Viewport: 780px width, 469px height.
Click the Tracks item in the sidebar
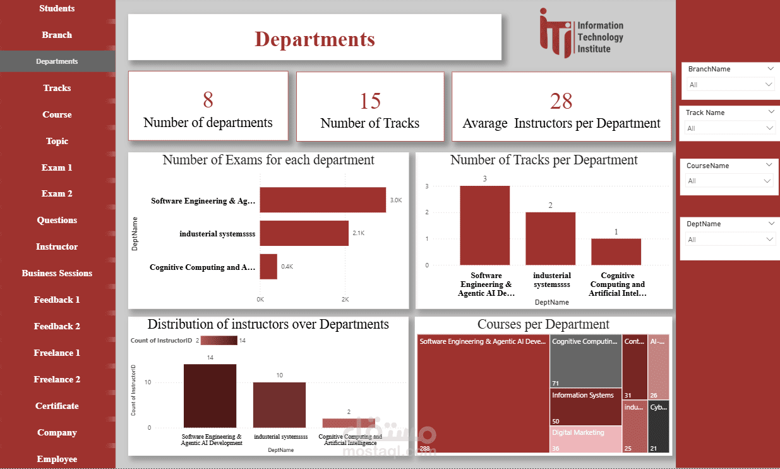[x=57, y=88]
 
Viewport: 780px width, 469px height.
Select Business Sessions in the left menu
[x=57, y=273]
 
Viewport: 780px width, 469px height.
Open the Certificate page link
[x=57, y=406]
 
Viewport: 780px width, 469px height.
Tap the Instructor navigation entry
[x=57, y=247]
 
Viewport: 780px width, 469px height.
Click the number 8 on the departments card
[x=208, y=100]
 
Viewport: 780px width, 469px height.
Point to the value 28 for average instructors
[x=561, y=100]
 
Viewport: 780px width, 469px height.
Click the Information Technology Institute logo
[x=581, y=33]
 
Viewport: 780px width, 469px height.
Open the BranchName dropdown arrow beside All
[x=769, y=84]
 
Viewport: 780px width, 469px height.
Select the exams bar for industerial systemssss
[x=304, y=233]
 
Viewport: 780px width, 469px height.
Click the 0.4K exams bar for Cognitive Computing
[x=268, y=266]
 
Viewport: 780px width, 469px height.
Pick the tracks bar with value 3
[x=484, y=225]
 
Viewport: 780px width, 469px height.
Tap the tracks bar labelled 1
[x=616, y=252]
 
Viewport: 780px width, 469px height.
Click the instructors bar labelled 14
[x=210, y=396]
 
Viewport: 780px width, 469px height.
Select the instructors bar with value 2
[x=348, y=423]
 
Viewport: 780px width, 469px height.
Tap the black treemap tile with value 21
[x=659, y=427]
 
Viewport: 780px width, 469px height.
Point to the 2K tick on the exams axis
[x=345, y=298]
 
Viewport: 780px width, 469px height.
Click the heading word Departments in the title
[x=315, y=39]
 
